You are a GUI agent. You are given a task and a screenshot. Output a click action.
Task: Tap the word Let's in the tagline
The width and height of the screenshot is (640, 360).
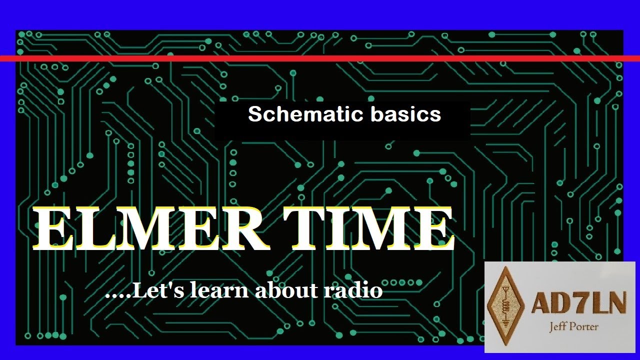tap(159, 290)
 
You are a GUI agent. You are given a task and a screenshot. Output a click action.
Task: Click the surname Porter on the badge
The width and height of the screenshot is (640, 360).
tap(586, 327)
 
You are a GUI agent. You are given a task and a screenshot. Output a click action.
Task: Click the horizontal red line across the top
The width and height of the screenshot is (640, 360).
tap(320, 58)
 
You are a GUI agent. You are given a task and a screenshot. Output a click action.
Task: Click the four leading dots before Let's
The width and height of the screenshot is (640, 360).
tap(117, 295)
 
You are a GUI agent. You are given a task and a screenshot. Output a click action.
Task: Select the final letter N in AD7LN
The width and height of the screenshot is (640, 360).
tap(615, 303)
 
